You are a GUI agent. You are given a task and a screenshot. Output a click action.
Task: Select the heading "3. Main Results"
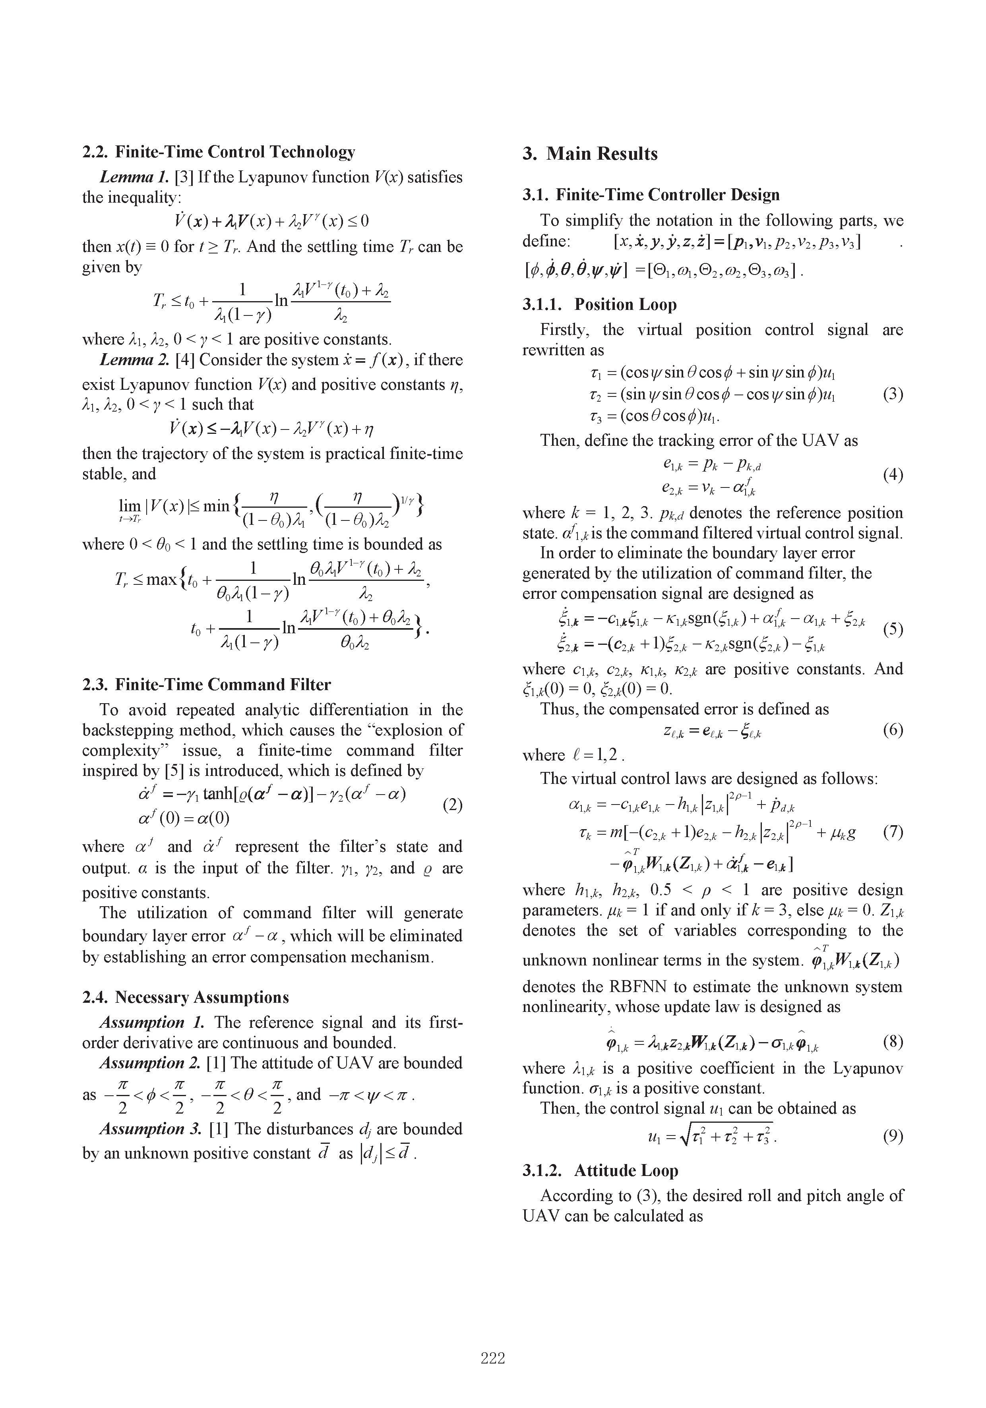(x=590, y=153)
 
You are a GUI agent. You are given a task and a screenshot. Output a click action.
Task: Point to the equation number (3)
(x=893, y=395)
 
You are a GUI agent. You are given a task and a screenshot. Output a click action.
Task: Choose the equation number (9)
(x=893, y=1136)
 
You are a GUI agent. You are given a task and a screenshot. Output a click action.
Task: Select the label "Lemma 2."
(x=135, y=360)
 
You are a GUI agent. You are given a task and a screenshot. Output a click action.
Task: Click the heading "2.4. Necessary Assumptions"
(x=185, y=997)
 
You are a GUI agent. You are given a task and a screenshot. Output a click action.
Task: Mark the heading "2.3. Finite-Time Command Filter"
(x=206, y=685)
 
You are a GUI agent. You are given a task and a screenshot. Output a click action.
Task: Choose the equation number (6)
(x=893, y=730)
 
